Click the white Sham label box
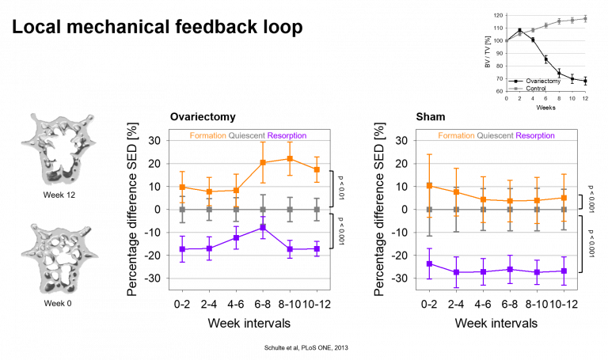click(433, 116)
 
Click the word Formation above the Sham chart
click(456, 136)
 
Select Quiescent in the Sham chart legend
click(495, 136)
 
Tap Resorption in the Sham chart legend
click(535, 136)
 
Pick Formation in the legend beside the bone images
click(207, 136)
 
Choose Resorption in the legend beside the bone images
click(287, 136)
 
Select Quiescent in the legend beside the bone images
click(246, 136)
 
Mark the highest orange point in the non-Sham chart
click(290, 158)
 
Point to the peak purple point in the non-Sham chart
click(263, 228)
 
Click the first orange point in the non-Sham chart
click(182, 188)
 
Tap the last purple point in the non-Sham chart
click(317, 248)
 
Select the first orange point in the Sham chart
click(429, 186)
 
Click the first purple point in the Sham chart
click(429, 263)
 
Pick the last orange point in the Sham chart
click(564, 198)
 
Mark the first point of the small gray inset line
click(507, 40)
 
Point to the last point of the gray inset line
click(585, 17)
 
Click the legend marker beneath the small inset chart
click(515, 89)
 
